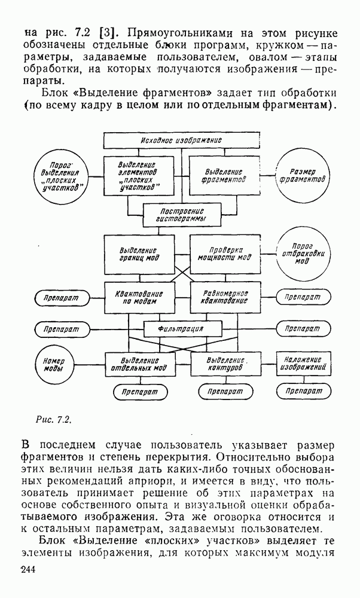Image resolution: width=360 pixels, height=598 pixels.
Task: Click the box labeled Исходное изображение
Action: pos(182,140)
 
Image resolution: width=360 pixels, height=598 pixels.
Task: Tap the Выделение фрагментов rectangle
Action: pos(224,175)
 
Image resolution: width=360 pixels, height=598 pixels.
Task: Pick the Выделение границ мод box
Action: pos(139,254)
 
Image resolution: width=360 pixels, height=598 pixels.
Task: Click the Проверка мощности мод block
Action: pos(225,254)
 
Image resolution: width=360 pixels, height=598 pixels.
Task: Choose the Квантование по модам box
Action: pos(139,297)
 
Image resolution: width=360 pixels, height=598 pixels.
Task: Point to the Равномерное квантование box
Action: pos(225,297)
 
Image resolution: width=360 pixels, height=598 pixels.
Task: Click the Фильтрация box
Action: pos(182,328)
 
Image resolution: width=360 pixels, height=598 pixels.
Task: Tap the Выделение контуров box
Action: pos(225,364)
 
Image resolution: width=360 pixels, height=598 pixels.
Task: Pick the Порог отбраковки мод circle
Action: pos(301,254)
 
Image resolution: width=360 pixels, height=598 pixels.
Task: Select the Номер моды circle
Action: pos(58,364)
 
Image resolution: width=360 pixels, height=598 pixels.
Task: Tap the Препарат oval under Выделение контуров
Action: pos(225,391)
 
